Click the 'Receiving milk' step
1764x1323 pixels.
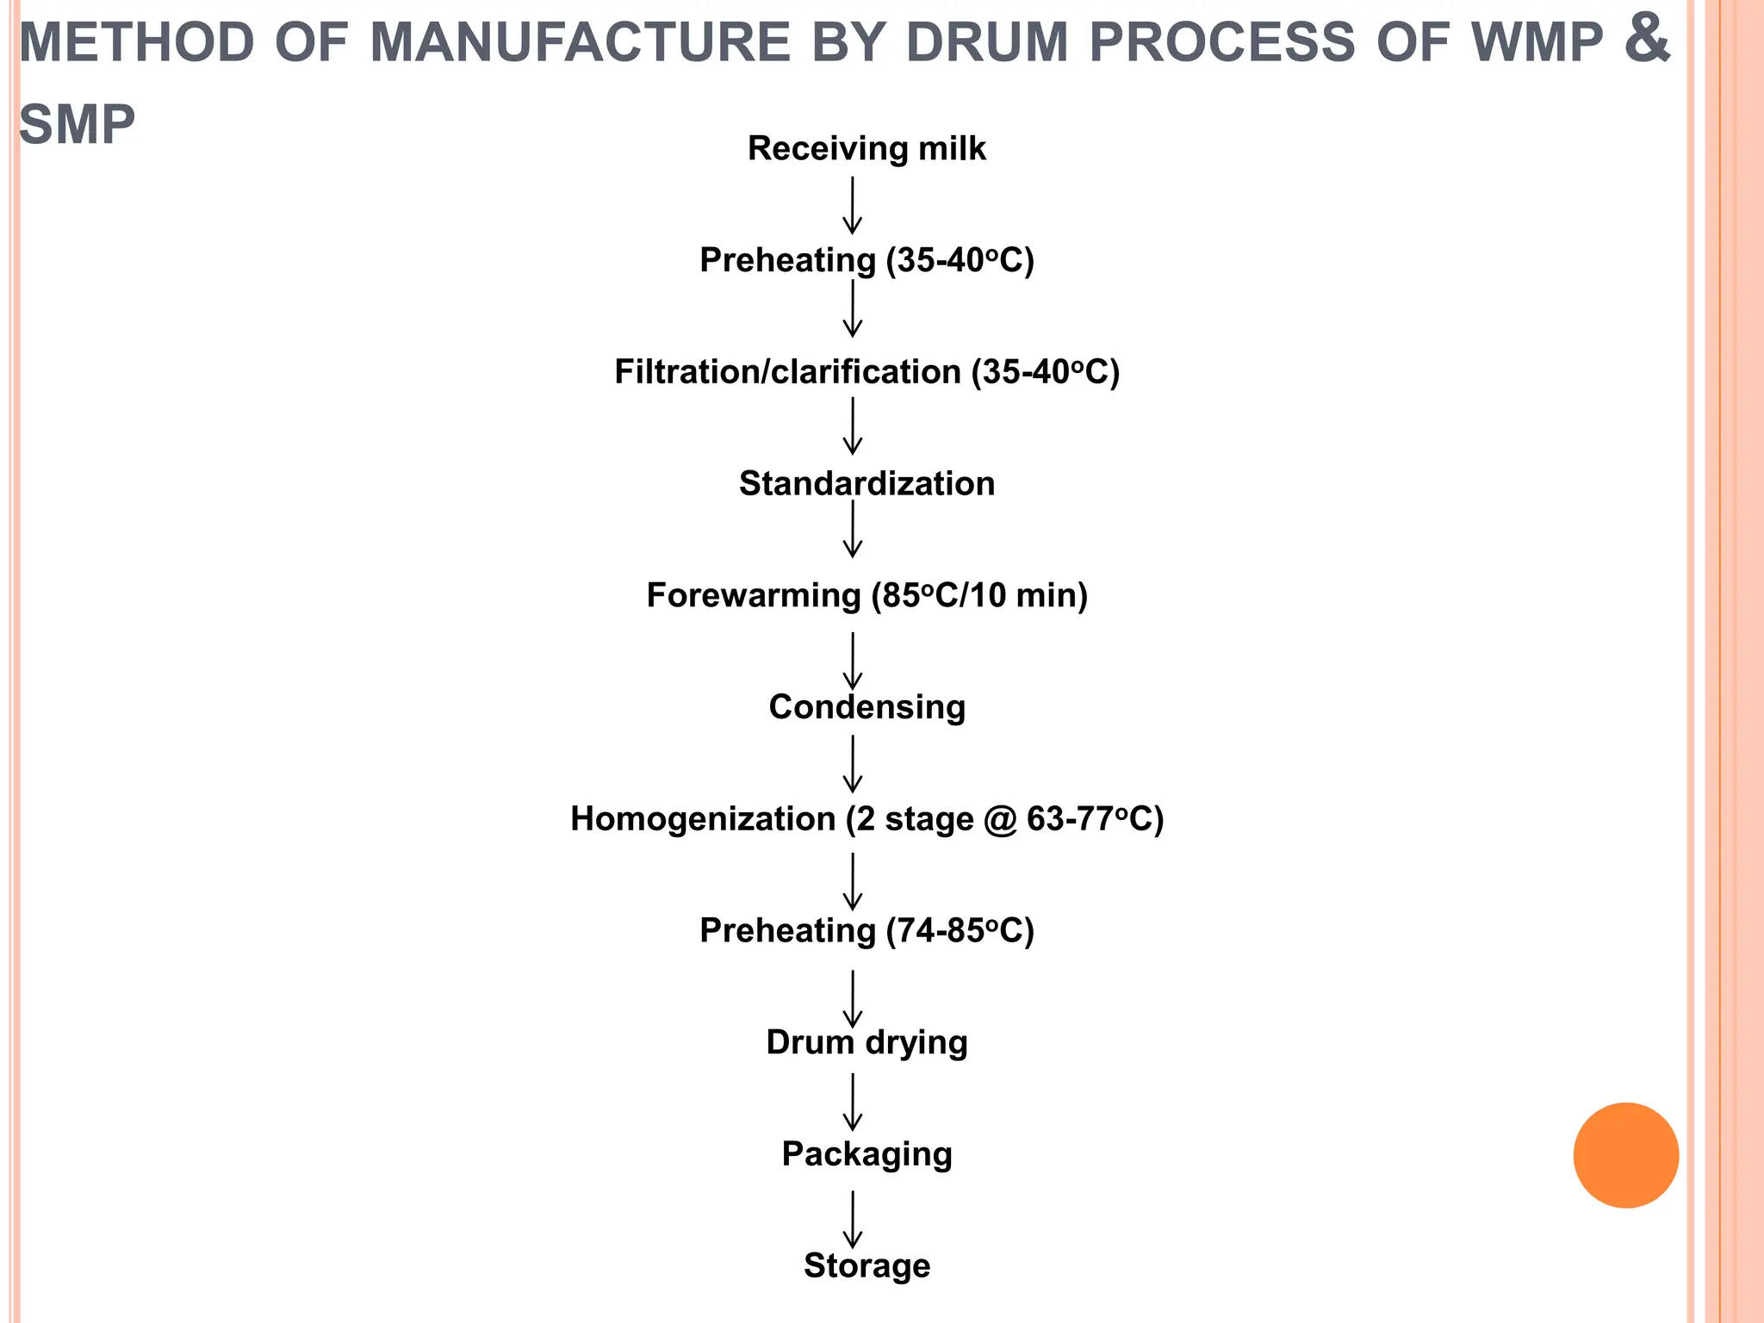pyautogui.click(x=866, y=148)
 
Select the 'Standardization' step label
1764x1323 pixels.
pyautogui.click(x=866, y=483)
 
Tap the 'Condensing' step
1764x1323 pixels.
pyautogui.click(x=866, y=706)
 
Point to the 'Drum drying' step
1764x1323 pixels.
pyautogui.click(x=866, y=1042)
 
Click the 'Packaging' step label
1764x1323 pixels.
pyautogui.click(x=866, y=1154)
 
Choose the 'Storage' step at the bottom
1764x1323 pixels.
pyautogui.click(x=866, y=1265)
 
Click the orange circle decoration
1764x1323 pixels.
pyautogui.click(x=1625, y=1155)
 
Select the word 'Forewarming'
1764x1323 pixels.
pyautogui.click(x=753, y=595)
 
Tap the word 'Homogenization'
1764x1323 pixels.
pyautogui.click(x=703, y=818)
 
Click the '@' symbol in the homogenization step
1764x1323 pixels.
pyautogui.click(x=999, y=819)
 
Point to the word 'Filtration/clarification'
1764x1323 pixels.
pyautogui.click(x=787, y=372)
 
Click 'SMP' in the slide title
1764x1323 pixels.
pyautogui.click(x=78, y=125)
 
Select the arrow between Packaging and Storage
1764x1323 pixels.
pyautogui.click(x=852, y=1219)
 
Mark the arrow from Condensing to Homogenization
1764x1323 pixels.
pyautogui.click(x=852, y=763)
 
